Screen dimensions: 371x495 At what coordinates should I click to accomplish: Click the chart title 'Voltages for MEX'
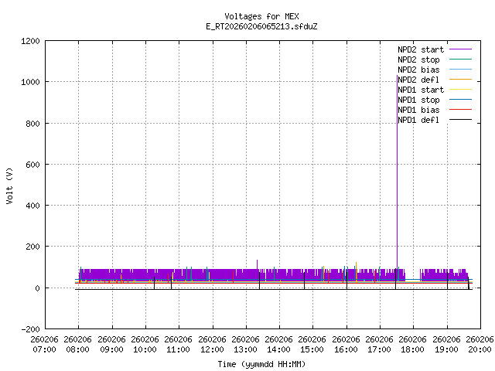click(x=261, y=16)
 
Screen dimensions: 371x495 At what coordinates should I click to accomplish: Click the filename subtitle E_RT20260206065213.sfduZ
click(x=261, y=26)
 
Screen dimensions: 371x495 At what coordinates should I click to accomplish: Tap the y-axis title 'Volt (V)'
click(x=9, y=185)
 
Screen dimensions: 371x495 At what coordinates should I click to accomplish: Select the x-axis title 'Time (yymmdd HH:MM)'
click(x=261, y=363)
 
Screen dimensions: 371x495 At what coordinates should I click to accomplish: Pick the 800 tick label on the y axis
click(x=32, y=123)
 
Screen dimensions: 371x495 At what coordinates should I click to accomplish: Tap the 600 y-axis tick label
click(x=32, y=164)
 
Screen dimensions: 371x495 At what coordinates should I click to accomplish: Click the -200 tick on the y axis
click(x=29, y=328)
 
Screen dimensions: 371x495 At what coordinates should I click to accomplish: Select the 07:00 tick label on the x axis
click(x=45, y=344)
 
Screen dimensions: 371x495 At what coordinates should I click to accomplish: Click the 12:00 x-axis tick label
click(x=212, y=344)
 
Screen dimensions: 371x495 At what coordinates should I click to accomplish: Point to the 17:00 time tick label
click(x=379, y=344)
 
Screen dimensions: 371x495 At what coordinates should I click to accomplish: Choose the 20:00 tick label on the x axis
click(x=480, y=344)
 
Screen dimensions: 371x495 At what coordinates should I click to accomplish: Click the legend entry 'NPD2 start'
click(x=421, y=49)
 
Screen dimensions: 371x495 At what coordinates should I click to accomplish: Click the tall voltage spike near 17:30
click(x=398, y=155)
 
